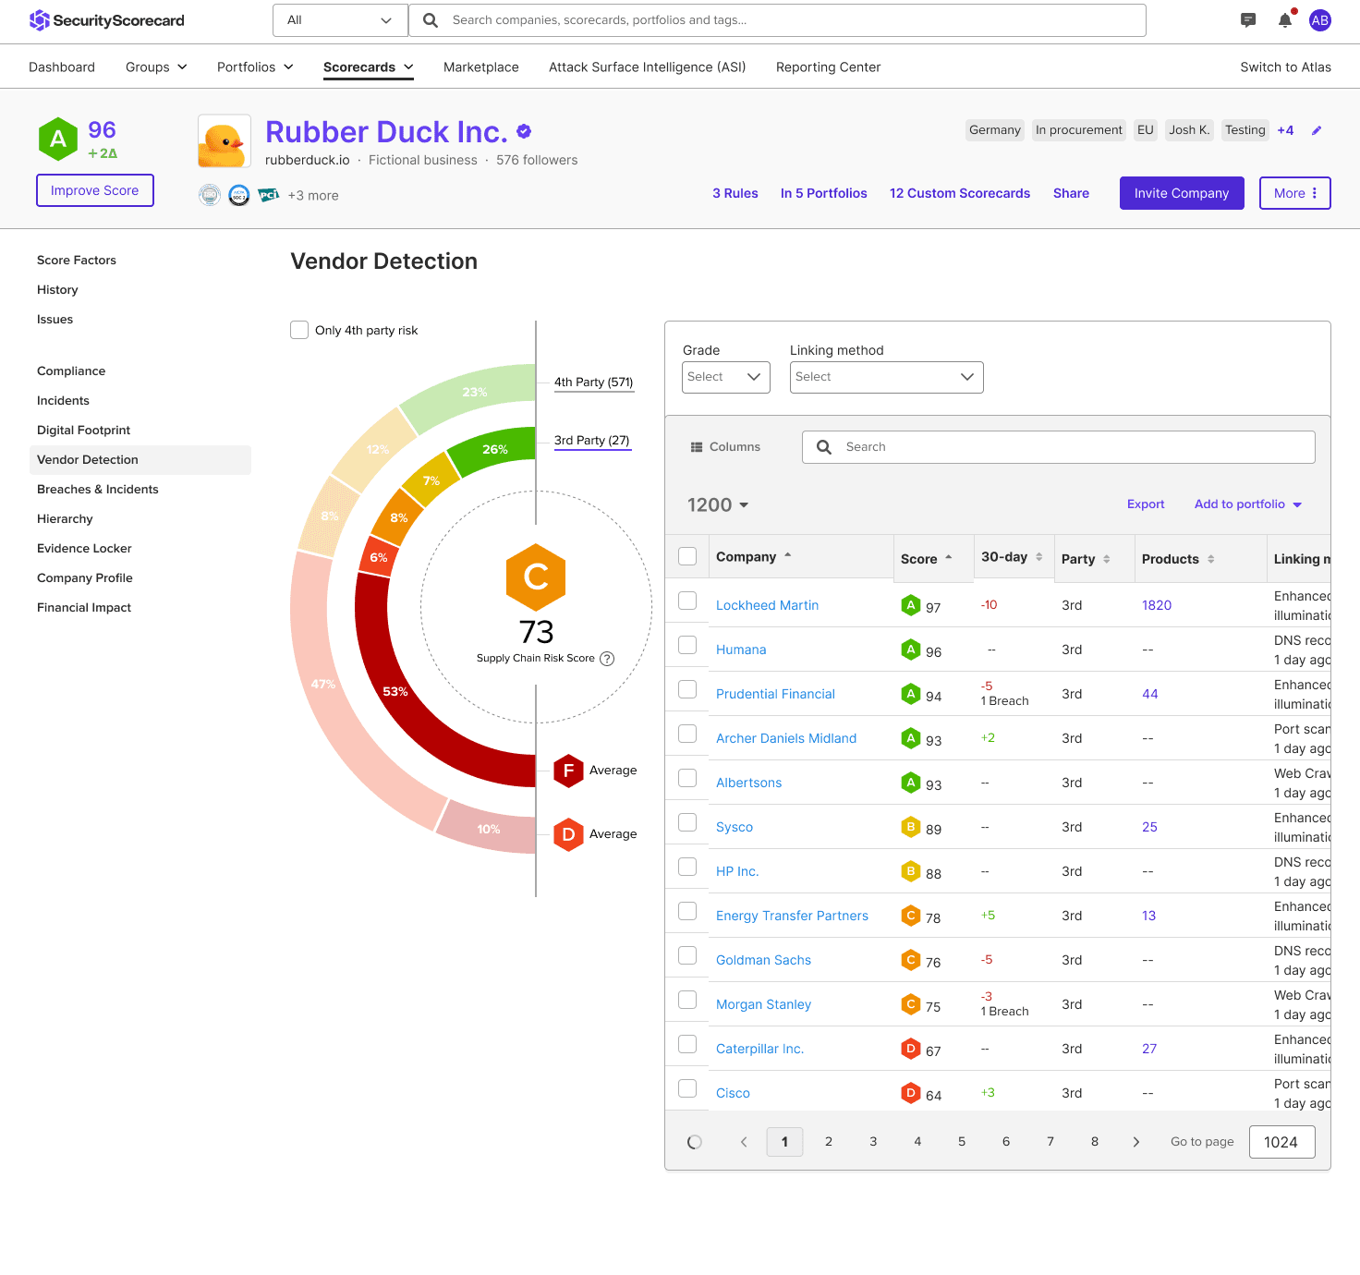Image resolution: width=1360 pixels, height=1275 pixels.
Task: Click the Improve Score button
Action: tap(94, 190)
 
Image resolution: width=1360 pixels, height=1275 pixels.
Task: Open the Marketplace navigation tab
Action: tap(480, 67)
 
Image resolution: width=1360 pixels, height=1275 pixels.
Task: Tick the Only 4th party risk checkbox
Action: tap(299, 330)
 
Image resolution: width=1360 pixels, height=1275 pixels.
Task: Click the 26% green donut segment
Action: tap(493, 450)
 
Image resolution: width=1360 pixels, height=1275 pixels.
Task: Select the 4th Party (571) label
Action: tap(593, 382)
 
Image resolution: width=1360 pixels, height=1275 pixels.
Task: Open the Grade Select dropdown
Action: tap(725, 377)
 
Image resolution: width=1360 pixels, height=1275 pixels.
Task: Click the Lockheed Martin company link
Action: tap(767, 605)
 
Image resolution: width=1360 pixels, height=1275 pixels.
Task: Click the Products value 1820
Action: tap(1156, 605)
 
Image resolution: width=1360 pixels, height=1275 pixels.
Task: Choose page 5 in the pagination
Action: tap(962, 1142)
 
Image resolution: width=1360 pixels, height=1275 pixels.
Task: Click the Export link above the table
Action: tap(1145, 504)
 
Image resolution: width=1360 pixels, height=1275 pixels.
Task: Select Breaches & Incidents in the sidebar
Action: tap(98, 490)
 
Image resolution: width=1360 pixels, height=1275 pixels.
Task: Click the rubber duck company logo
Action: tap(225, 141)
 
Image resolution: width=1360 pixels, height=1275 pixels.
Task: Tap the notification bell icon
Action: tap(1284, 20)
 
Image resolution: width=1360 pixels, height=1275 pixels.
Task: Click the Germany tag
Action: tap(994, 130)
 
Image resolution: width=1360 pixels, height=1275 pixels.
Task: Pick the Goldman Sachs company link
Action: tap(763, 960)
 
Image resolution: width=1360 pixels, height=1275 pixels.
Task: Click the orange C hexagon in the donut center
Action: tap(536, 577)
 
